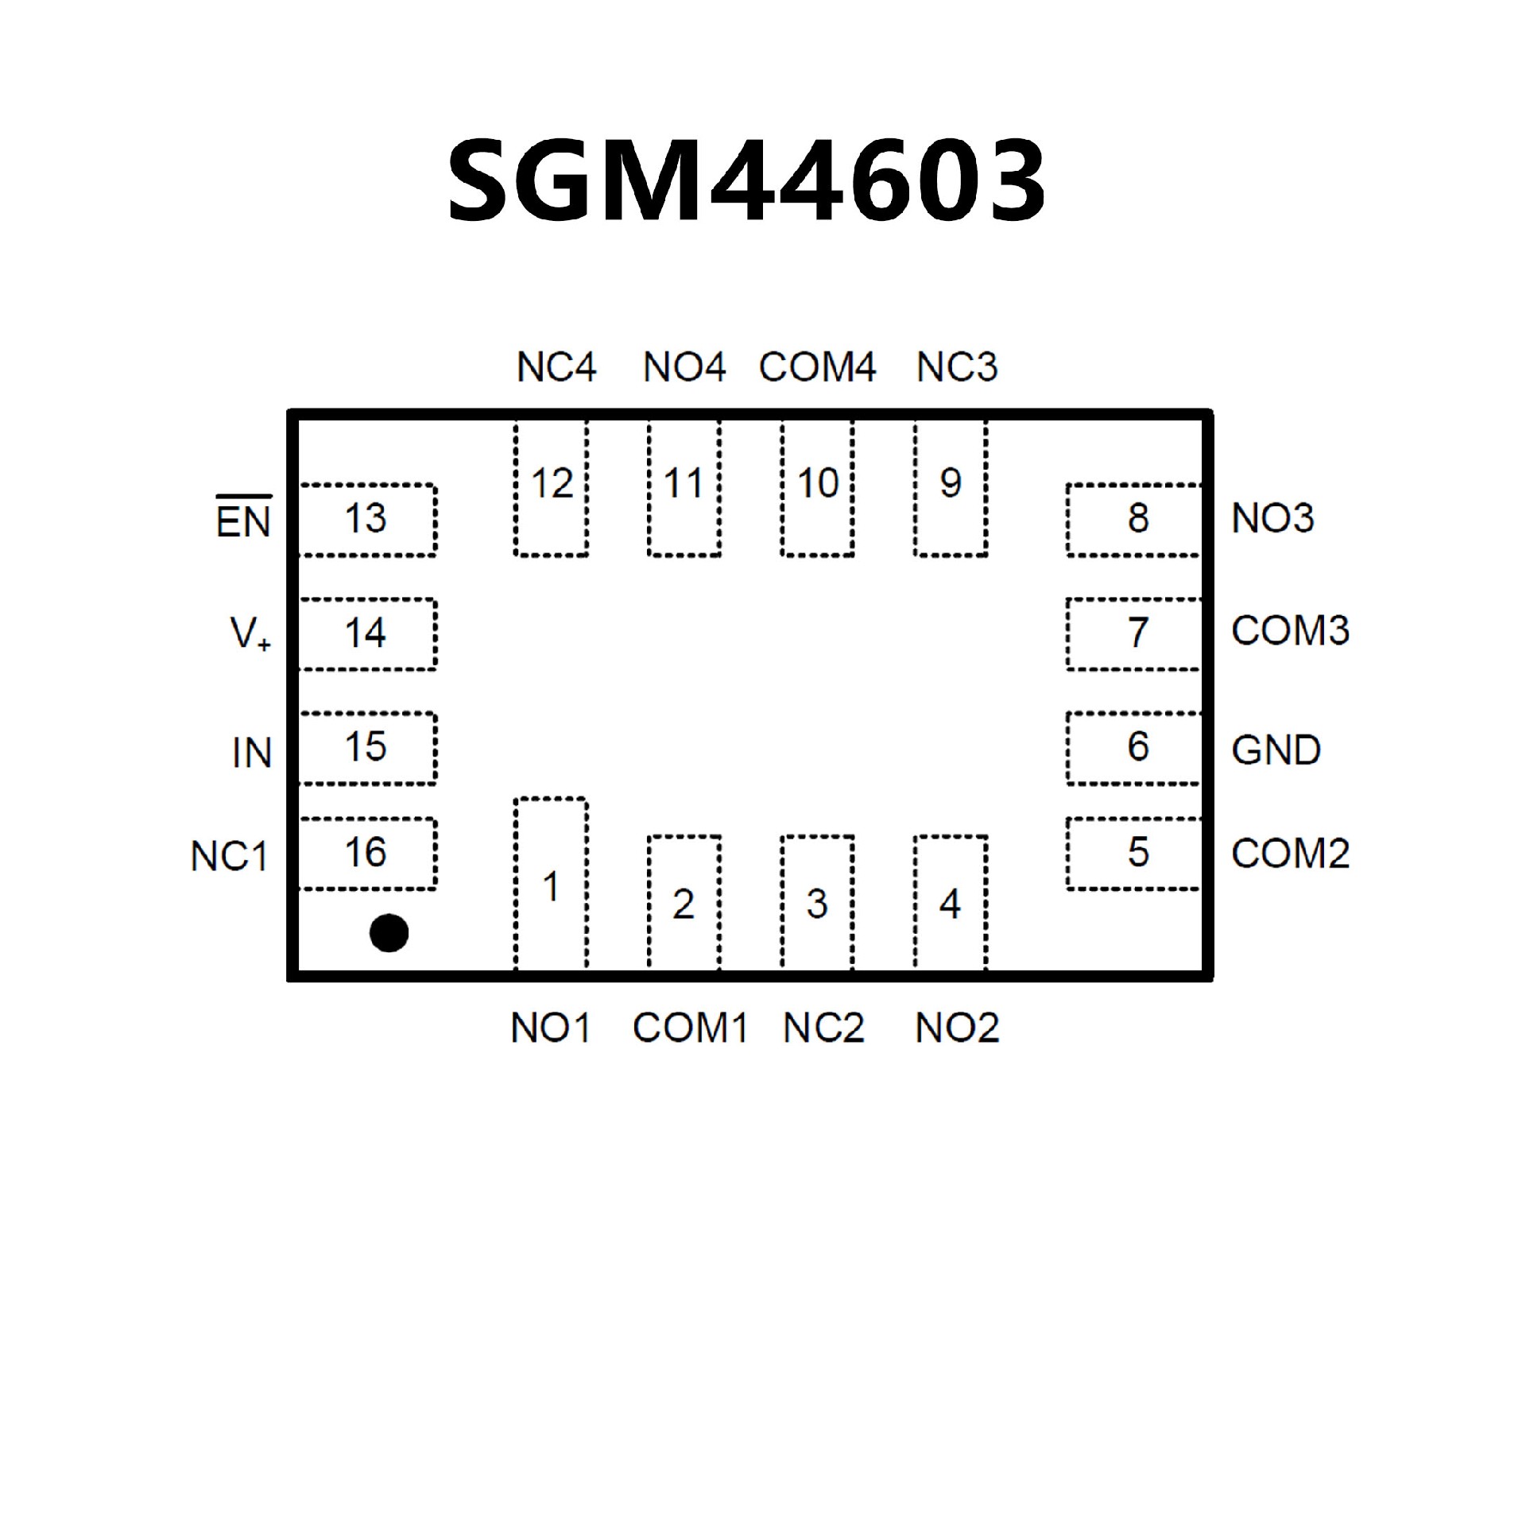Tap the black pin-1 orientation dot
pos(389,932)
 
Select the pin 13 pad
pos(367,520)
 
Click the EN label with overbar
pos(243,520)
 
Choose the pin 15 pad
pos(367,748)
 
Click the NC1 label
pos(229,857)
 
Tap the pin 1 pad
pos(551,884)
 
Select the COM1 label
pos(690,1028)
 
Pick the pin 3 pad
pos(817,903)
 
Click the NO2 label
pos(957,1028)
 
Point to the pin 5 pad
pos(1134,854)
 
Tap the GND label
pos(1276,750)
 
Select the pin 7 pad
pos(1134,634)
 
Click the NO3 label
pos(1272,519)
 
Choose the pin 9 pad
pos(951,488)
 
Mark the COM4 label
pos(817,367)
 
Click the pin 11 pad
pos(684,488)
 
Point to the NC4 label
pos(556,367)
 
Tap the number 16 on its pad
pos(366,853)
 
